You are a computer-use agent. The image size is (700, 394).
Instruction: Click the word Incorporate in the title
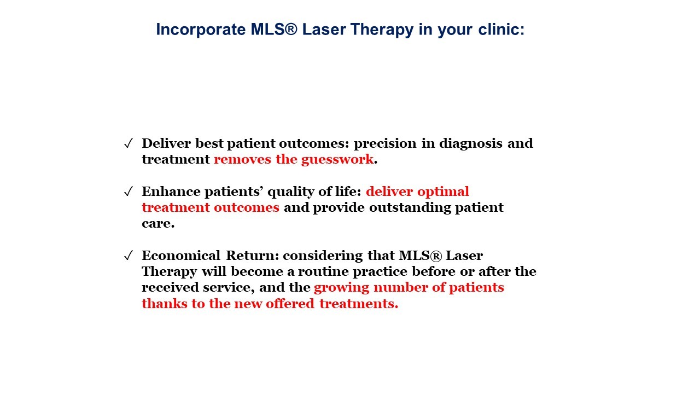click(x=201, y=30)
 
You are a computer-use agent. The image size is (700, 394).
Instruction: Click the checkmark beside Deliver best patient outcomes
click(x=129, y=143)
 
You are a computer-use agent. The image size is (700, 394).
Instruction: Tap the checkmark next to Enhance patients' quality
click(x=129, y=192)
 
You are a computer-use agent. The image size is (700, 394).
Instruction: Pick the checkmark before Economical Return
click(x=129, y=256)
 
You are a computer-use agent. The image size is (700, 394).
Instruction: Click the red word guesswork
click(x=337, y=160)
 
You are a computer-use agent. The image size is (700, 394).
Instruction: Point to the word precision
click(x=385, y=144)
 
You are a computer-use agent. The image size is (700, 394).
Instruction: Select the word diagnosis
click(x=471, y=144)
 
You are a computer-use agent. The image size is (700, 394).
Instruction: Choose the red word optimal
click(x=443, y=192)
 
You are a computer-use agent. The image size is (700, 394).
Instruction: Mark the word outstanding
click(x=410, y=208)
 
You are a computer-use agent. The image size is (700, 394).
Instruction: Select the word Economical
click(x=181, y=256)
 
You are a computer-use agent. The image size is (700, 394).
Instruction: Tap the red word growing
click(x=341, y=288)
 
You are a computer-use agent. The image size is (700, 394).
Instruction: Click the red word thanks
click(x=165, y=304)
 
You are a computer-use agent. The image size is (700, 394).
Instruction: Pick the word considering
click(x=323, y=256)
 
